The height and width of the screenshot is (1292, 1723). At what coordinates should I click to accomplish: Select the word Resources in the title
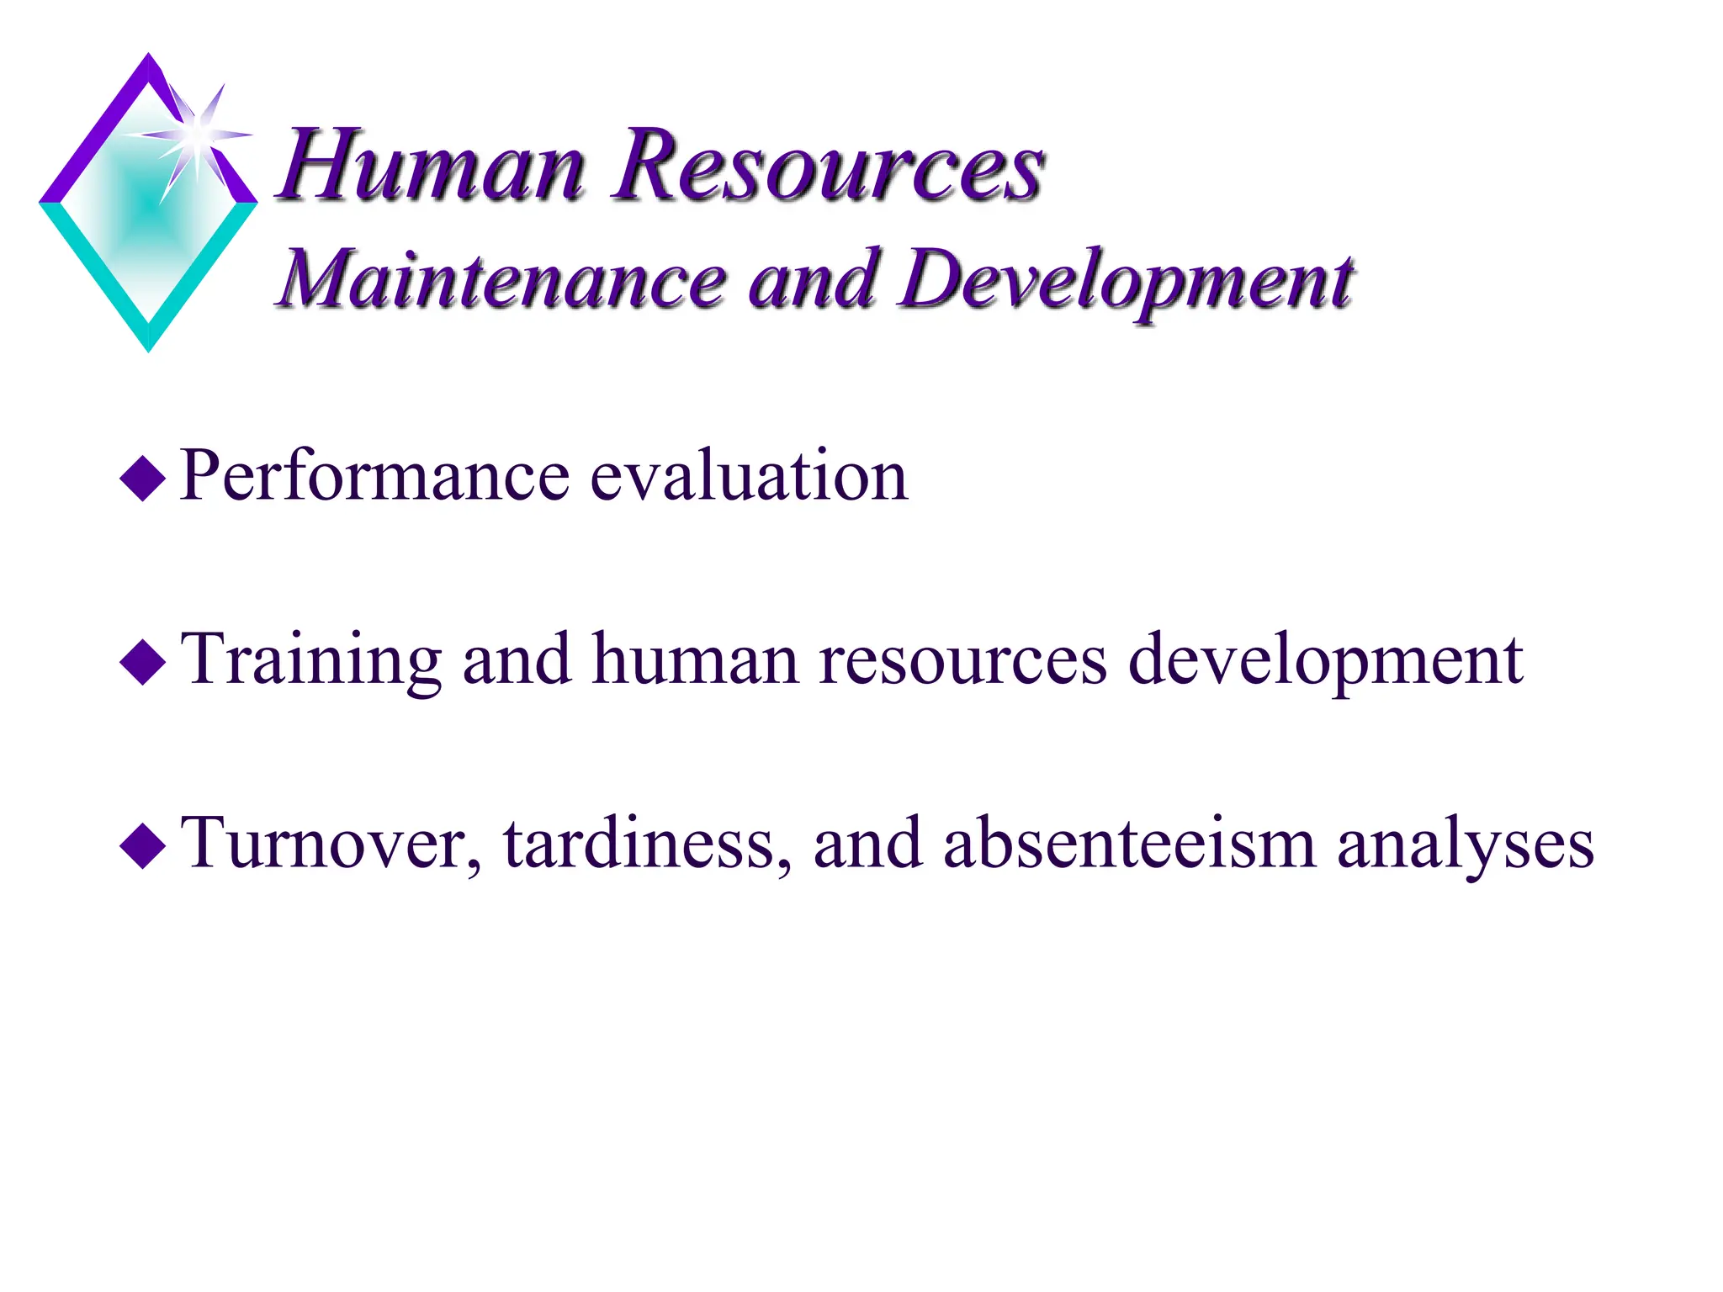click(x=828, y=165)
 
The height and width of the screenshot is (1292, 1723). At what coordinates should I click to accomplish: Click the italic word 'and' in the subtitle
click(x=811, y=280)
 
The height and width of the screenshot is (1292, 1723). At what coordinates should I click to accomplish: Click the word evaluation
click(x=749, y=476)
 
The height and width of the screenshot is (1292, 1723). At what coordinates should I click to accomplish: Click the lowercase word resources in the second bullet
click(x=962, y=661)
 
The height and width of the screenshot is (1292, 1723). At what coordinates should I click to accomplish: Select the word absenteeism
click(x=1129, y=844)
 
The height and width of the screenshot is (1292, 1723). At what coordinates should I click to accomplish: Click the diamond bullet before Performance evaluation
click(x=144, y=479)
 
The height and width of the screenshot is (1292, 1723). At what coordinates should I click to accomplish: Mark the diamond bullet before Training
click(x=144, y=662)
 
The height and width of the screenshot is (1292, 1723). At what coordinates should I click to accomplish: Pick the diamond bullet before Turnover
click(x=144, y=845)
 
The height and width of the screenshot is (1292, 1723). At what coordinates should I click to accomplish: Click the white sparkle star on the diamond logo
click(x=195, y=135)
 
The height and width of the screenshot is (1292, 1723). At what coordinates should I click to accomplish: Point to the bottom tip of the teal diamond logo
click(x=149, y=347)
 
